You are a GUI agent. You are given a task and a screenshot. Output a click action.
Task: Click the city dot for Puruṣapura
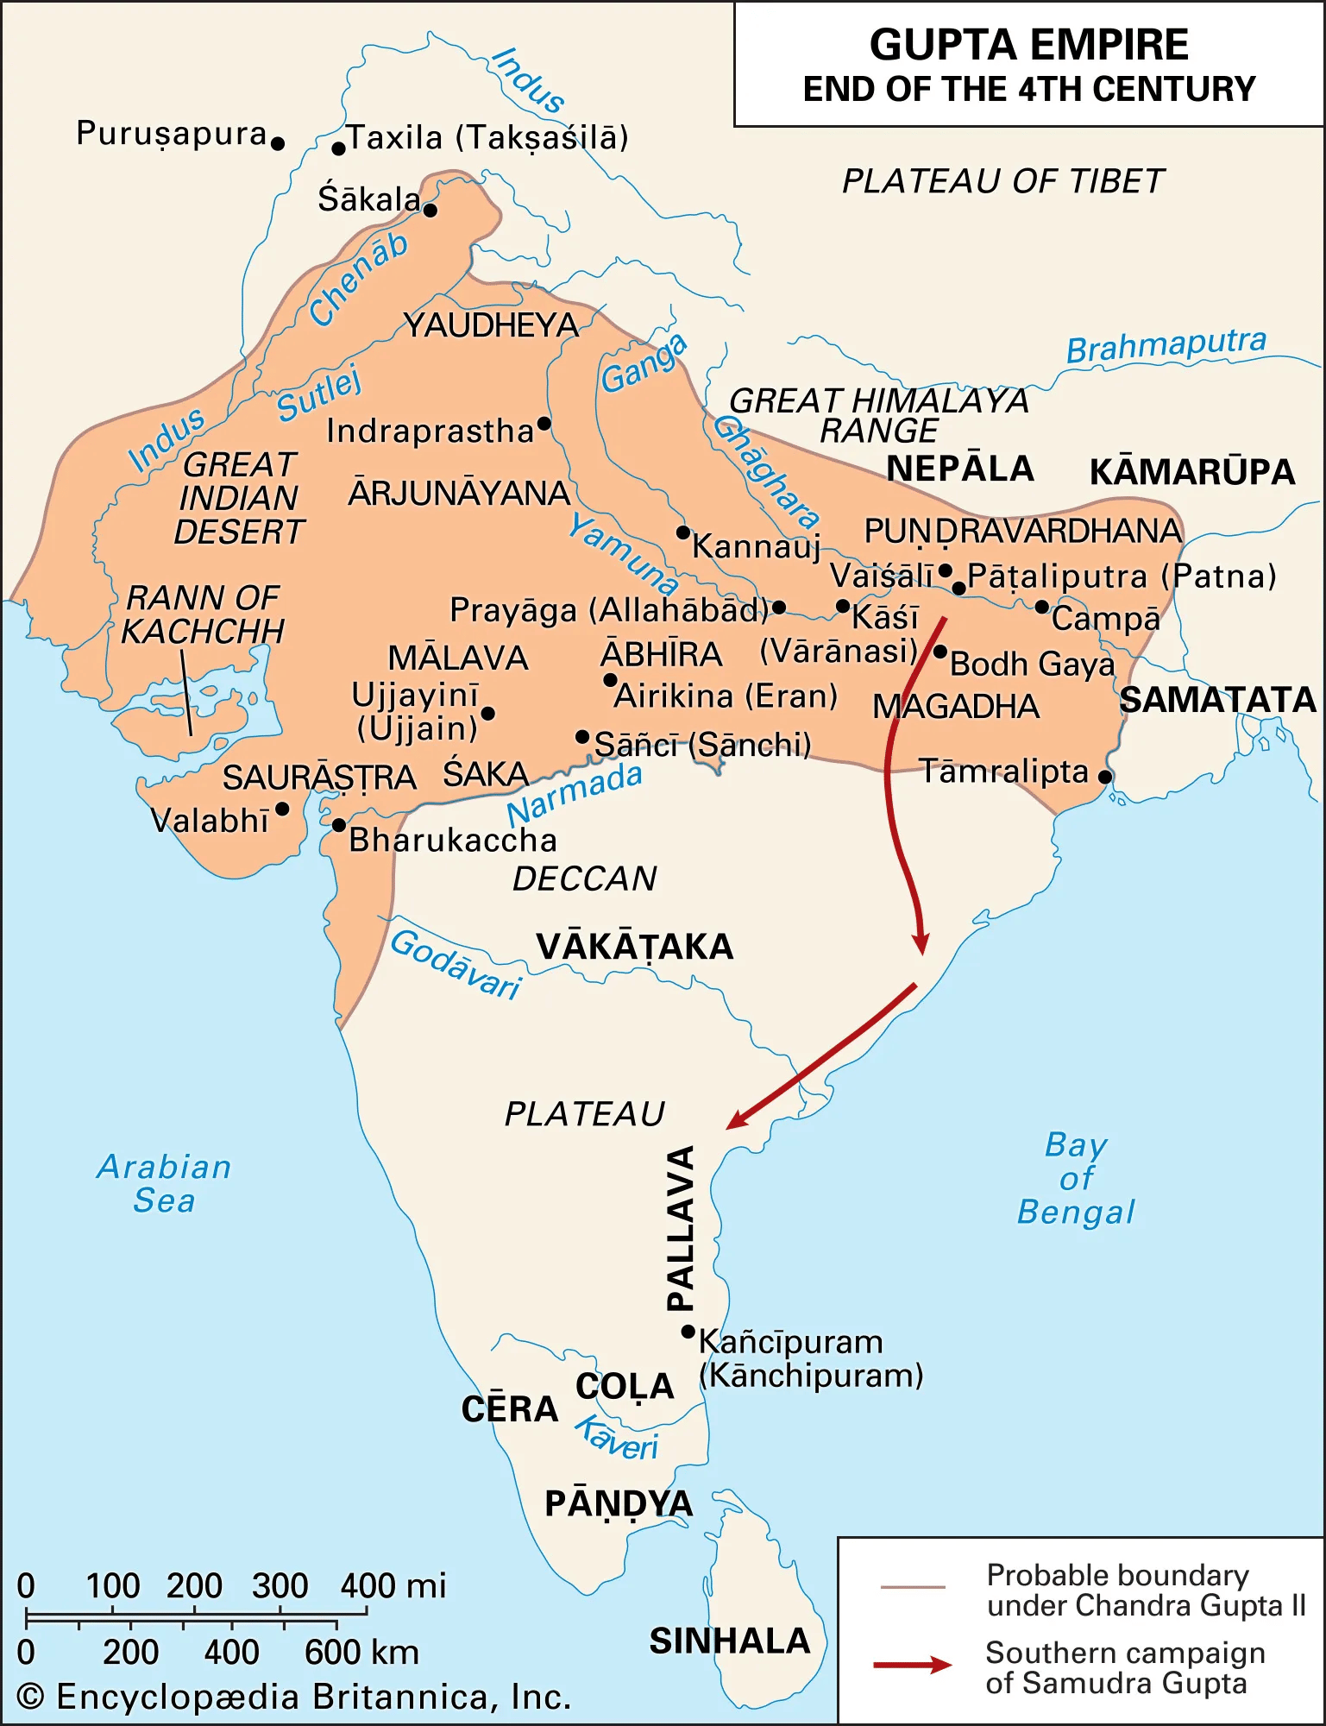(x=277, y=143)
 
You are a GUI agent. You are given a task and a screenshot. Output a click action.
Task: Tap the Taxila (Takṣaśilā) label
(x=487, y=138)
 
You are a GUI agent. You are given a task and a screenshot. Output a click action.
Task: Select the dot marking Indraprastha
(x=544, y=423)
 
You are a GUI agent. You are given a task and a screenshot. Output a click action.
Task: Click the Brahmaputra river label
(x=1166, y=345)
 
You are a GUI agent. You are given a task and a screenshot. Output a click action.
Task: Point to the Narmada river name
(x=574, y=795)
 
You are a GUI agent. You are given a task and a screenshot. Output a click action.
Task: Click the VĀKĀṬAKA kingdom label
(x=634, y=947)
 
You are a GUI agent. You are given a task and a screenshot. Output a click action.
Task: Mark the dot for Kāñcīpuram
(x=688, y=1332)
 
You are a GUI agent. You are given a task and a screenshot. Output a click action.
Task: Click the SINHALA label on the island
(x=729, y=1641)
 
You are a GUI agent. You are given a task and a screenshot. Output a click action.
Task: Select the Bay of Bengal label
(x=1076, y=1178)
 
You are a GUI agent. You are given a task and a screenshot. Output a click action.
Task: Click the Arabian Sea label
(x=164, y=1183)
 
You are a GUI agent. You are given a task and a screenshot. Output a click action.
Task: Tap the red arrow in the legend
(x=912, y=1665)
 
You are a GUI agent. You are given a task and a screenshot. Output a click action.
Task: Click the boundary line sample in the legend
(x=912, y=1587)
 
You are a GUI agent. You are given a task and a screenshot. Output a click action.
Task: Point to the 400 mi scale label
(x=393, y=1585)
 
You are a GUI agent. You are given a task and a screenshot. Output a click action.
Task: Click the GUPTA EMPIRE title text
(x=1028, y=45)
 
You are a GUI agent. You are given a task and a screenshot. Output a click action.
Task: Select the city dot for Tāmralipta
(x=1104, y=777)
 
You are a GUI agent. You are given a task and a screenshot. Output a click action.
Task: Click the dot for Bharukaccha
(x=339, y=825)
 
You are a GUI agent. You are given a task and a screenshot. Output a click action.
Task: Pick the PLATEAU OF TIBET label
(x=1002, y=181)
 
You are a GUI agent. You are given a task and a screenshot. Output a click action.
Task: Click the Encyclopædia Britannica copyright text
(x=293, y=1697)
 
